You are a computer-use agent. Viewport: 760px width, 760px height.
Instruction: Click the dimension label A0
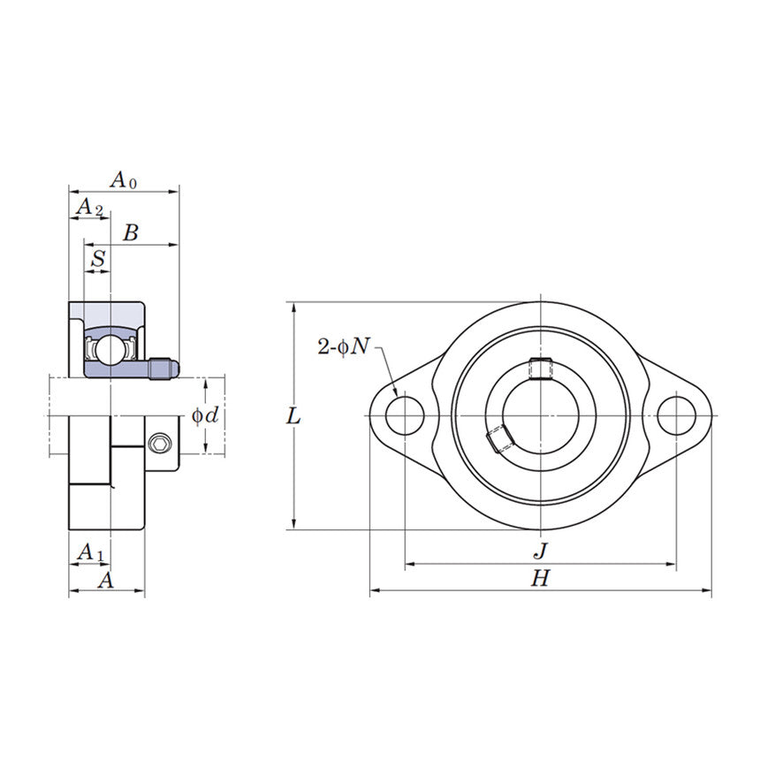click(x=123, y=179)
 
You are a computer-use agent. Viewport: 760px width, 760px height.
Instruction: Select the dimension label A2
click(x=89, y=208)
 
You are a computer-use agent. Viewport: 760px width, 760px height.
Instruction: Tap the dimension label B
click(x=131, y=233)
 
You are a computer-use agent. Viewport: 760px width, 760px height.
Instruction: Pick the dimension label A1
click(x=90, y=552)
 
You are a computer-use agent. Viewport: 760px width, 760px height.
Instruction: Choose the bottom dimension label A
click(x=105, y=580)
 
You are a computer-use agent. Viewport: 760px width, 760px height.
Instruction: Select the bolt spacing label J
click(x=540, y=551)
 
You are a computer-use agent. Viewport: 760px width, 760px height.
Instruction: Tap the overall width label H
click(x=540, y=579)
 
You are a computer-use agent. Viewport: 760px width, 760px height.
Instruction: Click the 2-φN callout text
click(x=344, y=346)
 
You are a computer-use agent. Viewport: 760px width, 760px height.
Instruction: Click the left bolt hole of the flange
click(x=405, y=416)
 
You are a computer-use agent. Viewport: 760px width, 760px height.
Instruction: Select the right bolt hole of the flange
click(x=676, y=416)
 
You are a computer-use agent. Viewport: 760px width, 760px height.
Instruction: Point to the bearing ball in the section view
click(x=110, y=347)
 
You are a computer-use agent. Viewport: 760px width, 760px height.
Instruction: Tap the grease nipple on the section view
click(x=163, y=367)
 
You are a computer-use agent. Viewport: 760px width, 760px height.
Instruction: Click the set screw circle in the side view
click(x=160, y=443)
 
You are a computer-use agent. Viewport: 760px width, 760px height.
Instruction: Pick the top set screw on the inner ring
click(x=539, y=368)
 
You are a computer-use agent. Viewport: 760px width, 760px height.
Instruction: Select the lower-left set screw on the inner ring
click(x=499, y=439)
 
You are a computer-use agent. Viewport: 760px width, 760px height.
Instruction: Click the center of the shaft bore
click(x=540, y=416)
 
